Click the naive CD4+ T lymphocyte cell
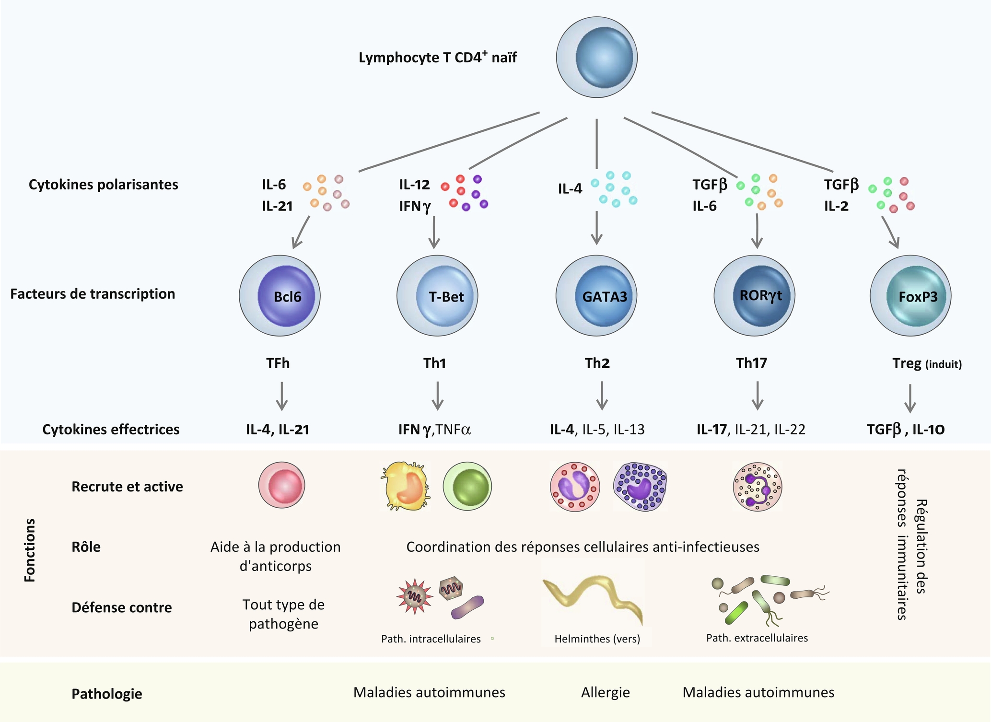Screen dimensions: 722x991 click(x=596, y=57)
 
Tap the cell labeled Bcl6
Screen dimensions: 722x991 click(x=280, y=296)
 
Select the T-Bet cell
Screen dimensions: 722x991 click(x=437, y=296)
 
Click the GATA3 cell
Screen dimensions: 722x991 click(x=596, y=296)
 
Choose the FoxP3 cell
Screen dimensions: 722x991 click(x=910, y=296)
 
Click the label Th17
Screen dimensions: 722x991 click(x=751, y=363)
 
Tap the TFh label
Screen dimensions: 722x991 click(x=278, y=363)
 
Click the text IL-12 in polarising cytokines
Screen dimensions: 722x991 click(x=414, y=185)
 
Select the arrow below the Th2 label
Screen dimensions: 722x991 click(x=602, y=396)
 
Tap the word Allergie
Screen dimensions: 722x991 click(x=605, y=692)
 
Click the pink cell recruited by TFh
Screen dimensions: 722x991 click(x=282, y=485)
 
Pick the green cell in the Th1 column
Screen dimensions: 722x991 click(x=467, y=486)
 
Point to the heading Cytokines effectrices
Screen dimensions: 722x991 click(x=111, y=430)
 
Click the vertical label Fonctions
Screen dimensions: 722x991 click(x=30, y=550)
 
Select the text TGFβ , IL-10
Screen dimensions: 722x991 click(x=905, y=430)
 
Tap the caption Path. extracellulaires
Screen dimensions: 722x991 click(x=757, y=638)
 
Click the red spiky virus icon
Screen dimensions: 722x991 click(x=414, y=596)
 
